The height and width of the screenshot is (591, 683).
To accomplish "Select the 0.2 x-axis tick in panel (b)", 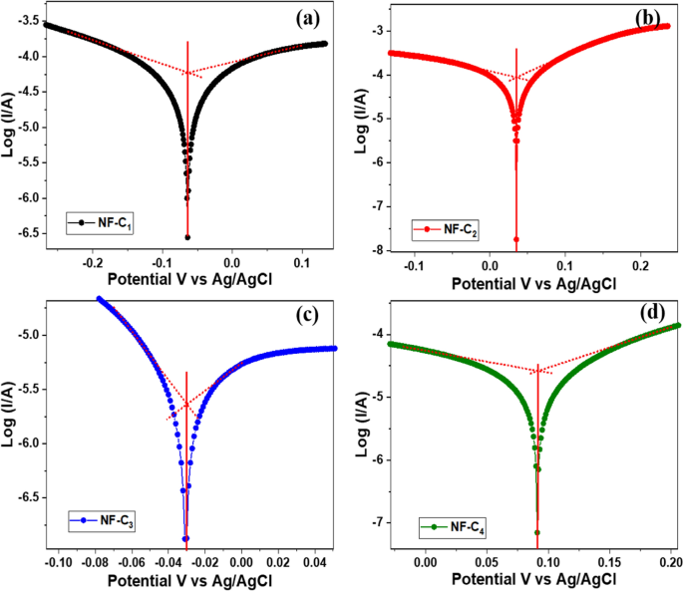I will (x=640, y=266).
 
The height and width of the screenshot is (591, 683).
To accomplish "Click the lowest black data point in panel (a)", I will (x=187, y=237).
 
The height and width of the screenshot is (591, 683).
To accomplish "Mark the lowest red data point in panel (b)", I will (x=516, y=239).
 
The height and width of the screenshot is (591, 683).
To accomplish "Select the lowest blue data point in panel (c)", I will (x=185, y=539).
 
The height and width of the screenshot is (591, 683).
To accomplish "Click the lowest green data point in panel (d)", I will (x=537, y=532).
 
